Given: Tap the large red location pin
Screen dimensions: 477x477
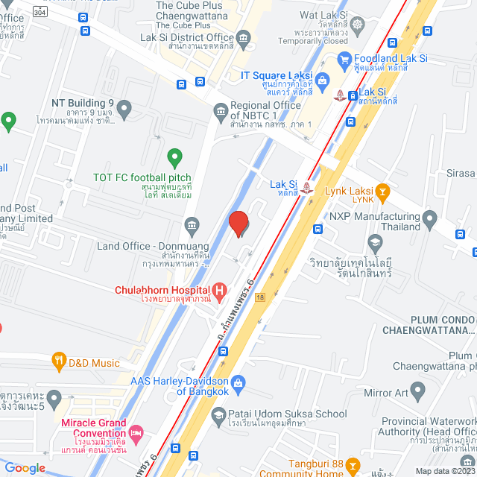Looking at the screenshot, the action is pos(238,224).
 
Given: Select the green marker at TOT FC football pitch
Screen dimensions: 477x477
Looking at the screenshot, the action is pos(174,158).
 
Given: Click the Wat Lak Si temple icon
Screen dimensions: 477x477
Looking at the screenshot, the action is pos(358,25).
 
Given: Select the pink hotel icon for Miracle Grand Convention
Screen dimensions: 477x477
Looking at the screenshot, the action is pos(136,432).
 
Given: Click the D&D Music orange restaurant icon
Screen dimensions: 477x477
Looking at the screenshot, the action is pos(59,363).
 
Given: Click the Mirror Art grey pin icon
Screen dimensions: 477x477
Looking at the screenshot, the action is pos(417,390).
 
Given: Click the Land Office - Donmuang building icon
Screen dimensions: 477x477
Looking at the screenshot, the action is pos(192,224).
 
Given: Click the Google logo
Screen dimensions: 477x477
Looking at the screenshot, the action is pos(25,467).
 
